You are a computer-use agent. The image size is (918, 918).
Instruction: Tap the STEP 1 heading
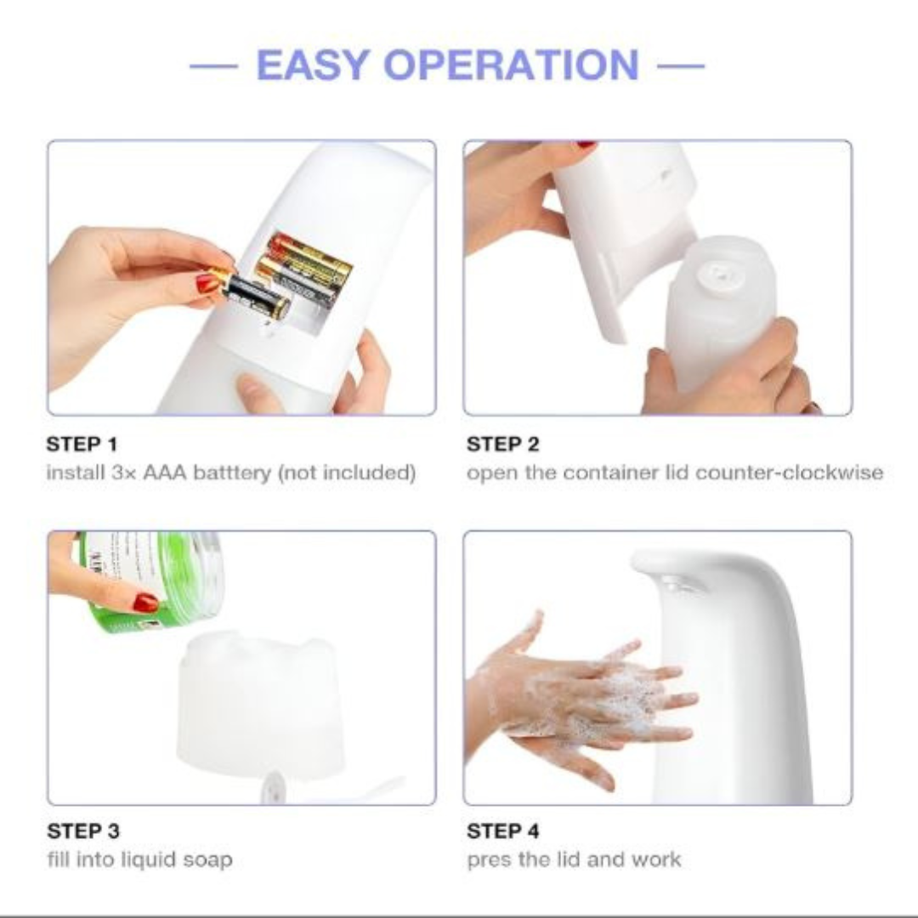[x=82, y=444]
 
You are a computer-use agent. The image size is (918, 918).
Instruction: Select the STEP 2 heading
[x=502, y=444]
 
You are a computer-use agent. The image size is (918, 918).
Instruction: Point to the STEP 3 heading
[x=83, y=830]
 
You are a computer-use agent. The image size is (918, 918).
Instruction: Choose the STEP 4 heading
[x=503, y=830]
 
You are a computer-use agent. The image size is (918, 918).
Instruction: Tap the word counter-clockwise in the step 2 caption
[x=789, y=472]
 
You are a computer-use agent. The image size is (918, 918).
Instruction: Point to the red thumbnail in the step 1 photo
[x=207, y=284]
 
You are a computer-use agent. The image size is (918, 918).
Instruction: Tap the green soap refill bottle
[x=151, y=580]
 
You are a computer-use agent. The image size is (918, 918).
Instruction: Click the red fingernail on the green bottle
[x=145, y=603]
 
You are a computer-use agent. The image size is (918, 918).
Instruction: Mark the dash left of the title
[x=213, y=65]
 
